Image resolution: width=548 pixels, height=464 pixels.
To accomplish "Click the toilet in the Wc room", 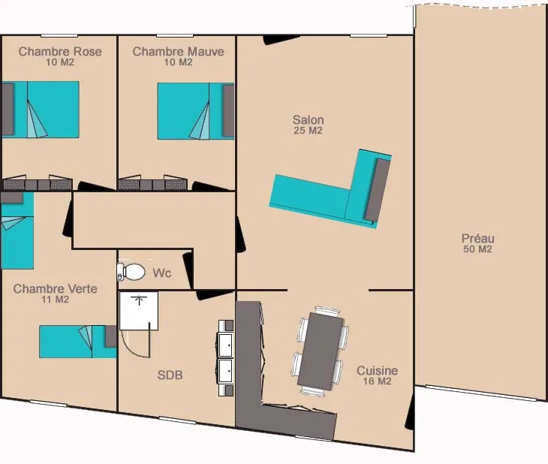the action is pos(131,271).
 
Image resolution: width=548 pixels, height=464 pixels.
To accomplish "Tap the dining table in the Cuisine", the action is pos(321,351).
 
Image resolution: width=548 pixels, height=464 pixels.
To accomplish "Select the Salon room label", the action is pos(309,120).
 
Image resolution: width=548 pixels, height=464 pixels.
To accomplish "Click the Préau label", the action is pos(477,239).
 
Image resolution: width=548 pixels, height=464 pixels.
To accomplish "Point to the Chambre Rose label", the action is pos(60,51).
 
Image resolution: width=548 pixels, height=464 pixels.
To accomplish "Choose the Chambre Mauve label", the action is pos(178,51).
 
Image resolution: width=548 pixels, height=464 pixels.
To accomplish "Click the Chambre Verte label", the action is pos(56,289).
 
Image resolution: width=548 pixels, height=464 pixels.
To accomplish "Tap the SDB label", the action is pos(170,375).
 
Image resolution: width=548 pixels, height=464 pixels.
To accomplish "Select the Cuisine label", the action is pos(377,371).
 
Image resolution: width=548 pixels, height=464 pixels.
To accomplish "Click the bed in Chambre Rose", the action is pos(41,110).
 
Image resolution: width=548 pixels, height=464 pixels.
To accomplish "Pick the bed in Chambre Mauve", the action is pos(196,111).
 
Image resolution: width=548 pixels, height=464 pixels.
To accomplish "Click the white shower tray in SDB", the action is pos(139,311).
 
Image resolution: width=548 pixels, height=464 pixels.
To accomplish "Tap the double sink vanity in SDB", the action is pos(226,357).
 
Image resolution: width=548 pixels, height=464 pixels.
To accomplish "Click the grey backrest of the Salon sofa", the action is pos(378,190).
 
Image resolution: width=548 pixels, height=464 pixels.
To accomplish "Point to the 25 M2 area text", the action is pos(309,131).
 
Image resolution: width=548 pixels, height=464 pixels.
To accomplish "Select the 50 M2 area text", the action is pos(477,249).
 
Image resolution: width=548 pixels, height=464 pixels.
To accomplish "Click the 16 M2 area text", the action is pos(377,381).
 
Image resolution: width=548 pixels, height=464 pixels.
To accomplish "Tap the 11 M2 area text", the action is pos(56,300).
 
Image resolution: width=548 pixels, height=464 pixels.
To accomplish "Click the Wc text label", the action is pos(162,273).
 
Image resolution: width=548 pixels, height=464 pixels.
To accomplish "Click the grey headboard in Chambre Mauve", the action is pos(228,111).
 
